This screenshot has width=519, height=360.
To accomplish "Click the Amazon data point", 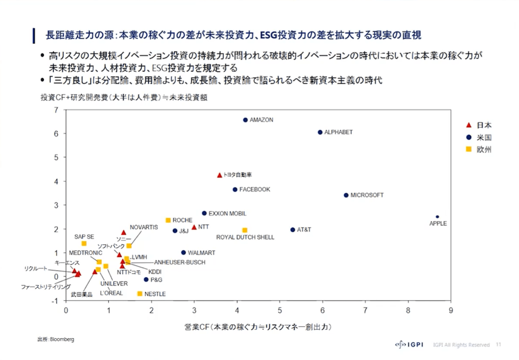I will click(x=245, y=120).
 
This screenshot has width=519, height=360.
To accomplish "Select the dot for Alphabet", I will click(x=320, y=132).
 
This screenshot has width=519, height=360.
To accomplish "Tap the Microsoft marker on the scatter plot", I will click(x=346, y=195).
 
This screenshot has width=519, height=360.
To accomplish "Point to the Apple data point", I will click(x=437, y=217).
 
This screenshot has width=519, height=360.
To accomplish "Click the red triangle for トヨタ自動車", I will click(x=219, y=175).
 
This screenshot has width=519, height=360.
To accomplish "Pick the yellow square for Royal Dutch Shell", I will click(x=245, y=230).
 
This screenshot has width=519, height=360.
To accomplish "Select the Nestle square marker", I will click(x=140, y=294).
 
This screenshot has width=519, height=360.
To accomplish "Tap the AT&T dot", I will click(x=293, y=230).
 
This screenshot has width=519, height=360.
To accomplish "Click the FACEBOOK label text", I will click(x=255, y=189).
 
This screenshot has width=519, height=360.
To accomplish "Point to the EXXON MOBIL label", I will click(x=227, y=214).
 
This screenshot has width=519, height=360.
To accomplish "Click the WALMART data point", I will click(x=183, y=253).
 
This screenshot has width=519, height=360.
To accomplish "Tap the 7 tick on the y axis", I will click(x=56, y=110).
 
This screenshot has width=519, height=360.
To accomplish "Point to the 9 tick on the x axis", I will click(x=451, y=311).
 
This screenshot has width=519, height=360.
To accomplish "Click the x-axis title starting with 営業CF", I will click(x=258, y=327).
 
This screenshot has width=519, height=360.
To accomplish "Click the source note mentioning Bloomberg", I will click(x=55, y=339).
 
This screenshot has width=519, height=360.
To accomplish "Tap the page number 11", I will click(x=498, y=344).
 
